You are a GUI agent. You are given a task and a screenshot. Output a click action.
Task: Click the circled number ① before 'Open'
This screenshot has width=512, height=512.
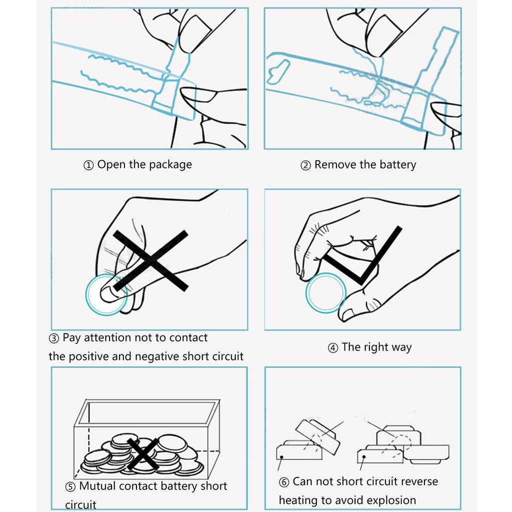(x=88, y=165)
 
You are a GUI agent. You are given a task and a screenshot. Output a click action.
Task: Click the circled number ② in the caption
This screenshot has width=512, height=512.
(x=305, y=165)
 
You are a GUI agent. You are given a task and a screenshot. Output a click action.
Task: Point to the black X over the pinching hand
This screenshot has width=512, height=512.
(x=150, y=260)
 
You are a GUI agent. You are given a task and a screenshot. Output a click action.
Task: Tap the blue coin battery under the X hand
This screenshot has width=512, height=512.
(x=106, y=295)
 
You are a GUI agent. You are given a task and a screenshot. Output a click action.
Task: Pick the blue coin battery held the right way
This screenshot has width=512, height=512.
(x=326, y=293)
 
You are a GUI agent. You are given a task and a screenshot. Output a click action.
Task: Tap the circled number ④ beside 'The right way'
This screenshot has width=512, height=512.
(x=333, y=348)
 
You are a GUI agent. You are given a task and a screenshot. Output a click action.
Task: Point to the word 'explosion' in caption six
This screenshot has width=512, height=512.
(x=391, y=500)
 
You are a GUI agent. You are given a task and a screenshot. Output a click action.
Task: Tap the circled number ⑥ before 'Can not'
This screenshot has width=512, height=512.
(x=284, y=482)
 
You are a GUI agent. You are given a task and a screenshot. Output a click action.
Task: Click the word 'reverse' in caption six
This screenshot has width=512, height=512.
(x=418, y=481)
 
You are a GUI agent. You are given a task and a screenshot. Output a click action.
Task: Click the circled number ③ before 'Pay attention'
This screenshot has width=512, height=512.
(x=54, y=338)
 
